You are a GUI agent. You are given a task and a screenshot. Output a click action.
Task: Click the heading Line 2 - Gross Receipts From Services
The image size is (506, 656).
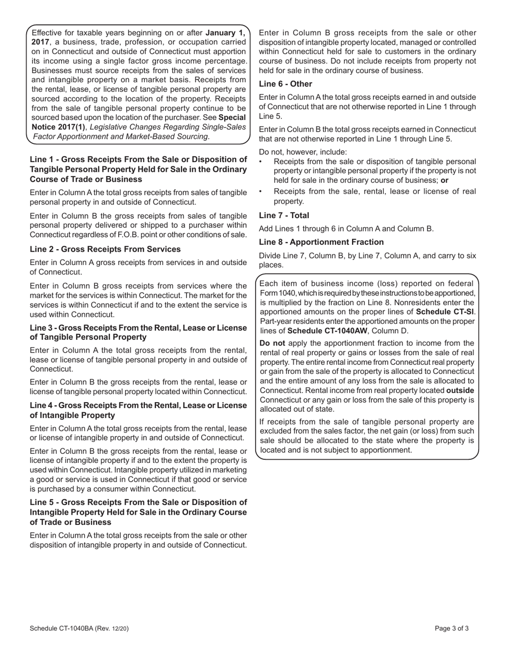105,249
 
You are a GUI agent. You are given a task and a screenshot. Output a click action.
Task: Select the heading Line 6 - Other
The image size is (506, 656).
285,84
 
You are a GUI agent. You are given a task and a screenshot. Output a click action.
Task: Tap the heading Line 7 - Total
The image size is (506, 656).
284,215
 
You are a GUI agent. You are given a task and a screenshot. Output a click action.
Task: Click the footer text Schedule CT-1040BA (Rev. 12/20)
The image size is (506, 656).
79,628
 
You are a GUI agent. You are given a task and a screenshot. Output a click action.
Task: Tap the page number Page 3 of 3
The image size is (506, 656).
452,628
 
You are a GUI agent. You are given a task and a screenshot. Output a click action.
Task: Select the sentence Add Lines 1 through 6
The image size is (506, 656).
346,229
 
